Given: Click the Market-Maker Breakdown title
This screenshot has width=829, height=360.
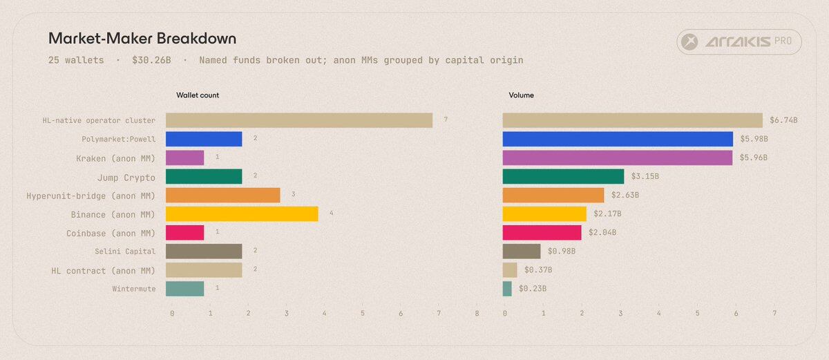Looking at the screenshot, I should coord(142,39).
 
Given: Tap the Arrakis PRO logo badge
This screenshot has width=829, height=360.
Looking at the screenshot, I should coord(739,43).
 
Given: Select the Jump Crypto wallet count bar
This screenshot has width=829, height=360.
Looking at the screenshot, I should coord(204,177).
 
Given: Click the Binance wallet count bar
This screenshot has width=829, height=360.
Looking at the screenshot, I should coord(242,214).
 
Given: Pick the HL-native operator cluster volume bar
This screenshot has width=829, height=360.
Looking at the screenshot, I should coord(632,120).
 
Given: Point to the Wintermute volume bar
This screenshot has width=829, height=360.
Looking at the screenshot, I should coord(507,289).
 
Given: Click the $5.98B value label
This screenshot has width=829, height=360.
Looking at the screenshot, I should coord(754,139).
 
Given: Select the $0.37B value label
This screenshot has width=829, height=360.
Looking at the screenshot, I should coord(538,270).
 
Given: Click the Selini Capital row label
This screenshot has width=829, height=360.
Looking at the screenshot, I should coord(125,252).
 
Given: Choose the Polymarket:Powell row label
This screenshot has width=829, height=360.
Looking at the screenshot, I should coord(118,139).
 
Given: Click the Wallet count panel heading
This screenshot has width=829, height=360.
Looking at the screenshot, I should coord(198,95).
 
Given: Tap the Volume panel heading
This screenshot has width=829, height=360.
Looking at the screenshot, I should coord(522,95).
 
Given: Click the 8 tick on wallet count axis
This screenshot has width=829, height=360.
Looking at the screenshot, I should coord(477,314).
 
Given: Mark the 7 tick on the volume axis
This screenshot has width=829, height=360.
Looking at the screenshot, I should coord(774,314).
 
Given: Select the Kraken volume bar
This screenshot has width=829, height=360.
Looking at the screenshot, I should coord(618,158).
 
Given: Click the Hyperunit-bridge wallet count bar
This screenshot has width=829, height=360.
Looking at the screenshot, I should coord(222,196).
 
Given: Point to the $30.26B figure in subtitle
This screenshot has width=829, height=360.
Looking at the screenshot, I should coord(151,60).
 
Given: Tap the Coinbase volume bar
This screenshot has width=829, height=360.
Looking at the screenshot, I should coord(542,233).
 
